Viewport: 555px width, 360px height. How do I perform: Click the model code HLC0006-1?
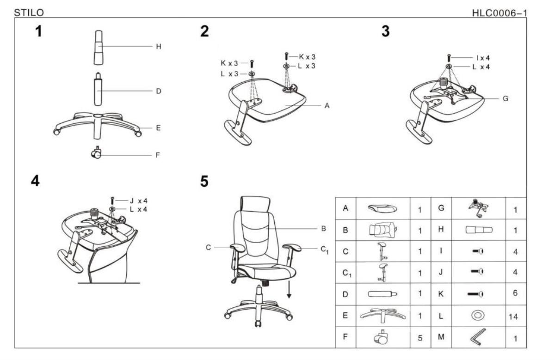click(499, 12)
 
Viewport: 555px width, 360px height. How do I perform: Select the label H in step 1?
click(158, 47)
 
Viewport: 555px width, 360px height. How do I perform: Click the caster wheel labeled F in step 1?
click(97, 153)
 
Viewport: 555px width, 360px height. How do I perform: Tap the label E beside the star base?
click(158, 128)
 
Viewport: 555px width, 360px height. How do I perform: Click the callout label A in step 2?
click(327, 105)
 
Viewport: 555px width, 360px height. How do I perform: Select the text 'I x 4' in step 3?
click(483, 58)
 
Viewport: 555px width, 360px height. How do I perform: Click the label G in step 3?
click(505, 98)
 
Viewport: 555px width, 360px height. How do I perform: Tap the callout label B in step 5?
click(324, 228)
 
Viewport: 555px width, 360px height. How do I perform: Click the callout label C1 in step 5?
click(325, 249)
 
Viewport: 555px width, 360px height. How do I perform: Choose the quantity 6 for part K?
click(515, 293)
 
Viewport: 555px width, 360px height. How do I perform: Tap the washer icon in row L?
click(477, 315)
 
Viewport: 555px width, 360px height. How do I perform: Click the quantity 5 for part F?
click(420, 338)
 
